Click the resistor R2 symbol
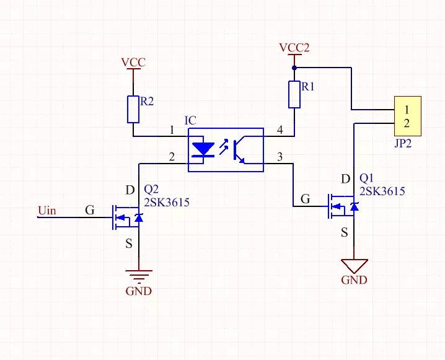[x=133, y=109]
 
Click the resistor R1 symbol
[x=294, y=94]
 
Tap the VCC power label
[x=133, y=63]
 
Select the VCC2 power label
[x=294, y=48]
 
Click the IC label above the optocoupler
[x=191, y=120]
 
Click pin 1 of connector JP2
[x=407, y=110]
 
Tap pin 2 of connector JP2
[x=407, y=123]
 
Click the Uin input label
[x=46, y=211]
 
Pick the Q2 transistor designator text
[x=152, y=190]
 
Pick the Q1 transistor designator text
[x=367, y=178]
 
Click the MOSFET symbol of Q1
[x=343, y=206]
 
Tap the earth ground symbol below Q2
[x=138, y=276]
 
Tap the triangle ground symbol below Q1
[x=355, y=266]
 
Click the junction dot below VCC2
[x=294, y=67]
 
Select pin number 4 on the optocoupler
[x=280, y=130]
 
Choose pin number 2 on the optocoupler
[x=172, y=157]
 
